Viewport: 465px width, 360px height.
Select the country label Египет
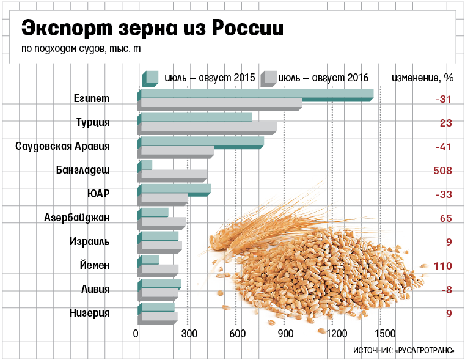(92, 99)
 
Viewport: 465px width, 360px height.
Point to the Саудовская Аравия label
(62, 147)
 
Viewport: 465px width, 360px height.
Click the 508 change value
(442, 171)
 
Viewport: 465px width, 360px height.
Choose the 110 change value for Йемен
(442, 266)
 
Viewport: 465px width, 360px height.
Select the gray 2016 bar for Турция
(208, 127)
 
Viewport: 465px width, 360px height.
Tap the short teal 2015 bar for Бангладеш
(145, 164)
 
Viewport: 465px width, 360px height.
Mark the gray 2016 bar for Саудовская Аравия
(177, 150)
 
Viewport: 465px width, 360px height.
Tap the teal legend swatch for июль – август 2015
(150, 78)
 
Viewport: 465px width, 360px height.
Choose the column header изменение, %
(422, 78)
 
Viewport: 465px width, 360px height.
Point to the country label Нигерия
(90, 313)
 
